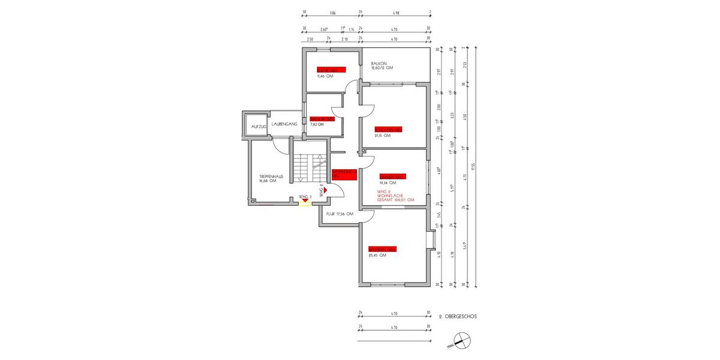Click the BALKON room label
379,63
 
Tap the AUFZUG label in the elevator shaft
259,127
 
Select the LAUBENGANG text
284,124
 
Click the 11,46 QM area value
325,77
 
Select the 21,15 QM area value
382,136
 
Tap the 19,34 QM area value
388,182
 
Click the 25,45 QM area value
377,255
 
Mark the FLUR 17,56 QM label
339,214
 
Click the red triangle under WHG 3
305,200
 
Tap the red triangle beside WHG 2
326,188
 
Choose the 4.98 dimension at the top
395,12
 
